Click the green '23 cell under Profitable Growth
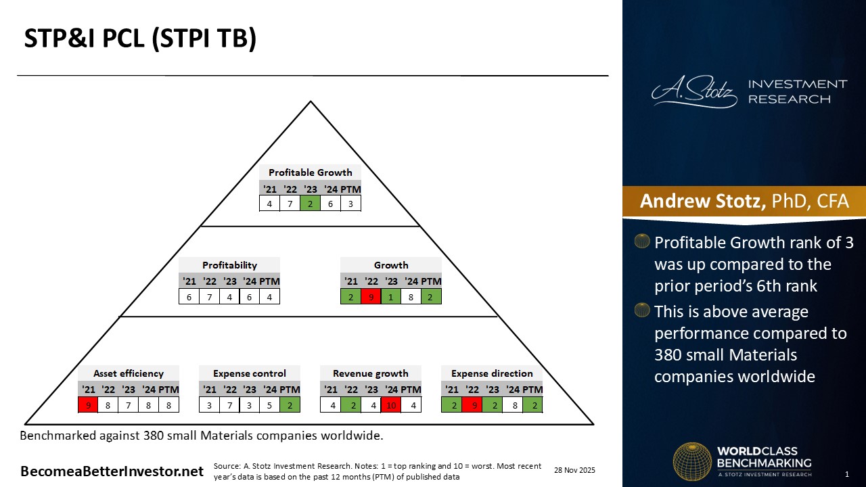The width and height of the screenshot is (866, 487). coord(310,204)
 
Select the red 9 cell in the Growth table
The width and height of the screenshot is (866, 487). coord(371,297)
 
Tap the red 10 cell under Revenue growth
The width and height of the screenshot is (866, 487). coord(391,405)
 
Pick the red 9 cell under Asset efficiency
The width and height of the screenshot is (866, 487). coord(88,405)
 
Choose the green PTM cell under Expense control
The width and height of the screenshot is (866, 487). coord(290,405)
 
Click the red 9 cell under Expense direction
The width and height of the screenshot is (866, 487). coord(472,405)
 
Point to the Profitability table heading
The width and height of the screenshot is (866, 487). coord(229,265)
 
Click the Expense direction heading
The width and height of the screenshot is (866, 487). coord(492,373)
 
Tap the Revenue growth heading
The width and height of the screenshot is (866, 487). coord(370,373)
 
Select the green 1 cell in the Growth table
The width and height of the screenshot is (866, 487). coord(391,297)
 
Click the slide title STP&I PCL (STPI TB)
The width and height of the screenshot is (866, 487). coord(140,39)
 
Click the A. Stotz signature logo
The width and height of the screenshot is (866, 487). coord(694,92)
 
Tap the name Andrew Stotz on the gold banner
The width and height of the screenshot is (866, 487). coord(702,201)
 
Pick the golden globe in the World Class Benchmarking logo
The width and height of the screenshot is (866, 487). coord(692,461)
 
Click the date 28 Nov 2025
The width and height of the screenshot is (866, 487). coord(574,470)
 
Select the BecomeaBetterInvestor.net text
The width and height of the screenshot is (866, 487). coord(112,471)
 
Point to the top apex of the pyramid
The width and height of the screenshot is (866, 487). coord(311,101)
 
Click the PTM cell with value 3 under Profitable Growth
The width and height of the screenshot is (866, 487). coord(350,204)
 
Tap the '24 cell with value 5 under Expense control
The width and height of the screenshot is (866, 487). coord(269,405)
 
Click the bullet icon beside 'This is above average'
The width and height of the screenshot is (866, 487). coord(642,310)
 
